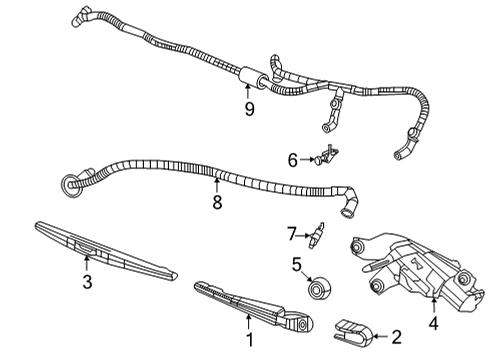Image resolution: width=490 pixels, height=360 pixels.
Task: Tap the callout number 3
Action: coord(87,283)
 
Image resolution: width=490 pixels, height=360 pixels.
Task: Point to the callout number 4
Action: coord(433,323)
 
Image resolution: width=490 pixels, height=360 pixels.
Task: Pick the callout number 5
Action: coord(296,265)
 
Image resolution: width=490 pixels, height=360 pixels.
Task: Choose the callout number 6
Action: coord(293,159)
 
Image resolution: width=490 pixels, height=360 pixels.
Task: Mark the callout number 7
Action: coord(293,234)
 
